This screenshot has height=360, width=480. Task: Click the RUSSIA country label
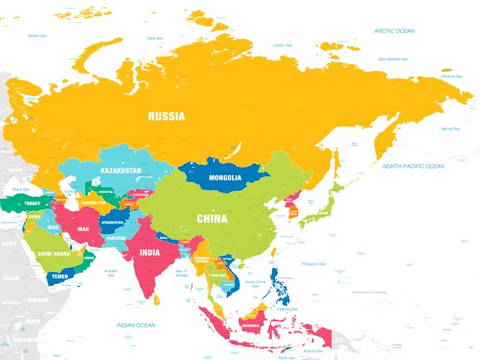(166, 116)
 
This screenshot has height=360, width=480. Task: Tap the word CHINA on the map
(212, 219)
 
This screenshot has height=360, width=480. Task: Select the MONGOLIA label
(225, 178)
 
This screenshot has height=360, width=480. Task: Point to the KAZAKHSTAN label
(121, 171)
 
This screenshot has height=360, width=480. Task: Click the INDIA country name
(149, 253)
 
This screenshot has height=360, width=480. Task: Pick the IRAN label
(84, 228)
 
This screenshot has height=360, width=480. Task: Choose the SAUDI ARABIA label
(54, 253)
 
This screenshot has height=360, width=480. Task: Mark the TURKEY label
(32, 204)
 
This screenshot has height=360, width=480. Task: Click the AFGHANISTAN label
(114, 222)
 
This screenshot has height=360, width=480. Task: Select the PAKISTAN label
(115, 237)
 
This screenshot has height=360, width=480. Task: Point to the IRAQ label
(53, 228)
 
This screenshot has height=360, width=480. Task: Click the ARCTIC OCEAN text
(394, 31)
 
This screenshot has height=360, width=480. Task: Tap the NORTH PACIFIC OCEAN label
(413, 166)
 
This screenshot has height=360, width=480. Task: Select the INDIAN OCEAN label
(135, 325)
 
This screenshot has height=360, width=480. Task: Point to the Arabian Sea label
(110, 273)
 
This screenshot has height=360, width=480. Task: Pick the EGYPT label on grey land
(9, 243)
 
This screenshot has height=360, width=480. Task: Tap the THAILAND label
(218, 275)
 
